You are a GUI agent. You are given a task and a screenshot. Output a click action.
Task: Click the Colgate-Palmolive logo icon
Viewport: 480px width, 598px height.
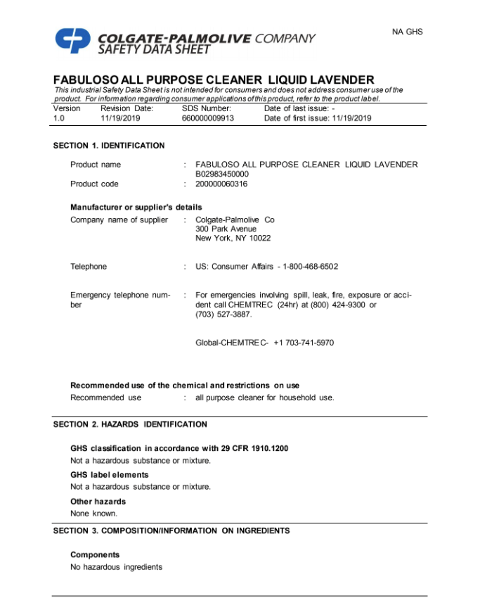point(73,40)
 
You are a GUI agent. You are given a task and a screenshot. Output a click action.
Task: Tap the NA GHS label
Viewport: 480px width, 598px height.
point(408,32)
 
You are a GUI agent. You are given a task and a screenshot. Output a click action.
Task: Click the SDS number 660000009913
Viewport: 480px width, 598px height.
point(208,118)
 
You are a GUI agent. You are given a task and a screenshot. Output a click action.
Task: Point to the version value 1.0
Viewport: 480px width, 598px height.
point(58,118)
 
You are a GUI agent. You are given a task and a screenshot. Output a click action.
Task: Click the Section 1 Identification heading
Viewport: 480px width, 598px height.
point(109,146)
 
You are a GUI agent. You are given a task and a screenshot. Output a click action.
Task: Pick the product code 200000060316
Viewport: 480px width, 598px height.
point(221,184)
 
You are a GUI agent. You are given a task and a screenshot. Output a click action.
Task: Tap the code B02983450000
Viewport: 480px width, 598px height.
point(222,174)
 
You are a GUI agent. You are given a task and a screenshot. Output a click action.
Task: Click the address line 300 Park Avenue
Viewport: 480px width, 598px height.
point(226,229)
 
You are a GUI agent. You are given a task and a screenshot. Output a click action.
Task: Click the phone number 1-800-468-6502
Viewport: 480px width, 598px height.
point(310,267)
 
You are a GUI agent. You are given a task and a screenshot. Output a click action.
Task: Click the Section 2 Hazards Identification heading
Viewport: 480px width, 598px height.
point(130,424)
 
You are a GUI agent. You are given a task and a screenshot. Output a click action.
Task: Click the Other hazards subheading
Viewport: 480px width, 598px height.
point(98,502)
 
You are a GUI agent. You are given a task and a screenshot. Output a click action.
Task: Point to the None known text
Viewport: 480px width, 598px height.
point(94,513)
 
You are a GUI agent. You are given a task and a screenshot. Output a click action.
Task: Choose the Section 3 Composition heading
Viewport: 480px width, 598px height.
point(171,530)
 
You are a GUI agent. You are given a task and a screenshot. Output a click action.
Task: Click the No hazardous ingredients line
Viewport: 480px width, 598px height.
point(116,566)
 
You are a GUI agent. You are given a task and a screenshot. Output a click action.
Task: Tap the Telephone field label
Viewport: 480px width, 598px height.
point(89,267)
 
